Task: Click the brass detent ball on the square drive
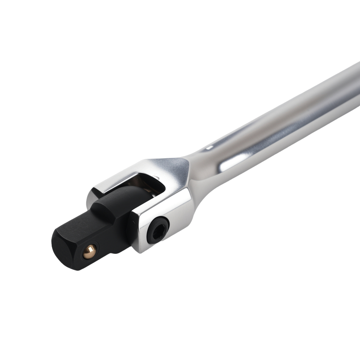click(89, 251)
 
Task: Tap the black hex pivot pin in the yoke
click(158, 230)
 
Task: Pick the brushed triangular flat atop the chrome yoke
click(169, 169)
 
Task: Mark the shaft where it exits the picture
click(355, 83)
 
